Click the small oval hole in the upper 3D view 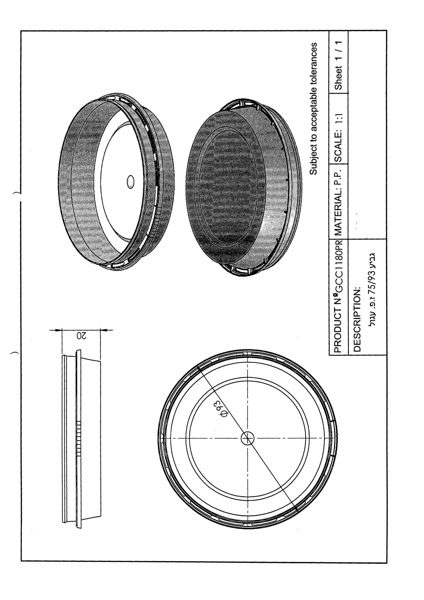(131, 182)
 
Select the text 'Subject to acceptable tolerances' (313, 109)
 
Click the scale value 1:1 (338, 119)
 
